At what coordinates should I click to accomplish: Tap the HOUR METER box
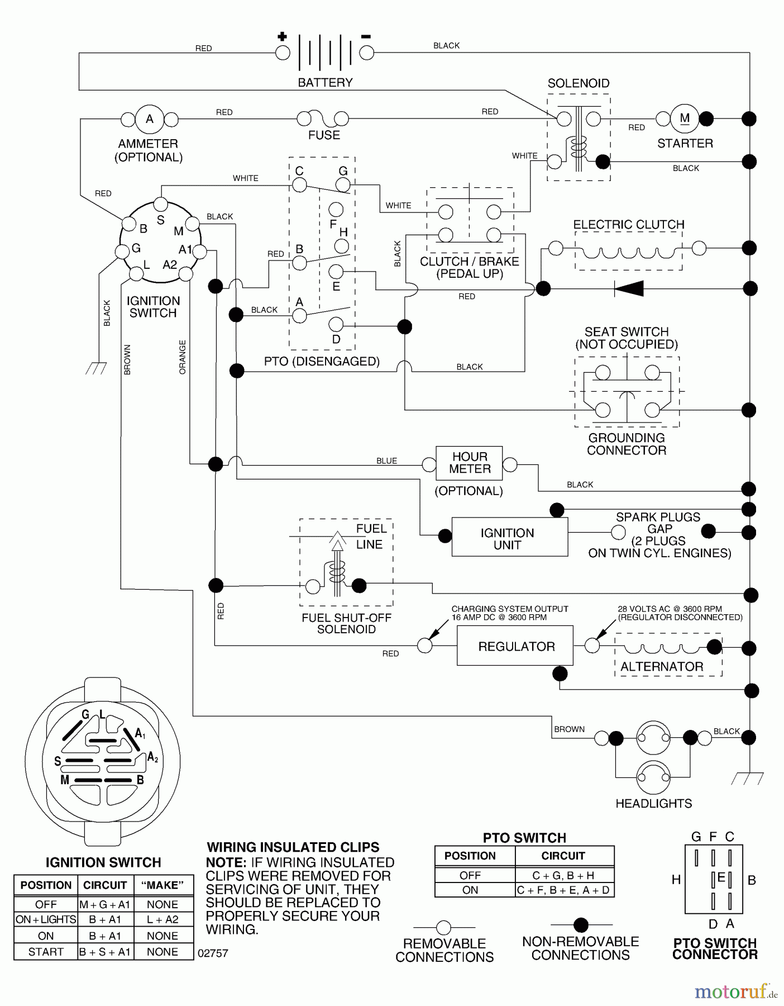(469, 463)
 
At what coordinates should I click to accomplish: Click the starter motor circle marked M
(685, 118)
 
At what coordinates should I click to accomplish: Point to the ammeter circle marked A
(150, 119)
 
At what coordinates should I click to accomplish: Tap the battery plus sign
(283, 37)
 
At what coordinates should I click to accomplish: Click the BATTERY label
(325, 83)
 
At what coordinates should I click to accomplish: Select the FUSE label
(324, 135)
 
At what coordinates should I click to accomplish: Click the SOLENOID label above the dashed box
(578, 83)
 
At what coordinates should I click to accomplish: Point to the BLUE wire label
(386, 461)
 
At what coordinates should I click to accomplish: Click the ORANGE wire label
(183, 357)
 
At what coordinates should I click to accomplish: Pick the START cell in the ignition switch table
(46, 952)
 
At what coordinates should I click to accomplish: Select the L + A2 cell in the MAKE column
(162, 919)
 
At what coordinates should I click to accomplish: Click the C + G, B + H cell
(563, 876)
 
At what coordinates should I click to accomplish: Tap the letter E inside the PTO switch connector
(721, 878)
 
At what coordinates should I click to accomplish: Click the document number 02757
(213, 953)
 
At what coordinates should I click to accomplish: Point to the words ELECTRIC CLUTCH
(628, 224)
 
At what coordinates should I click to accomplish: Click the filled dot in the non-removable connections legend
(581, 925)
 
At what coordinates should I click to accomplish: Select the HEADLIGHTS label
(653, 804)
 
